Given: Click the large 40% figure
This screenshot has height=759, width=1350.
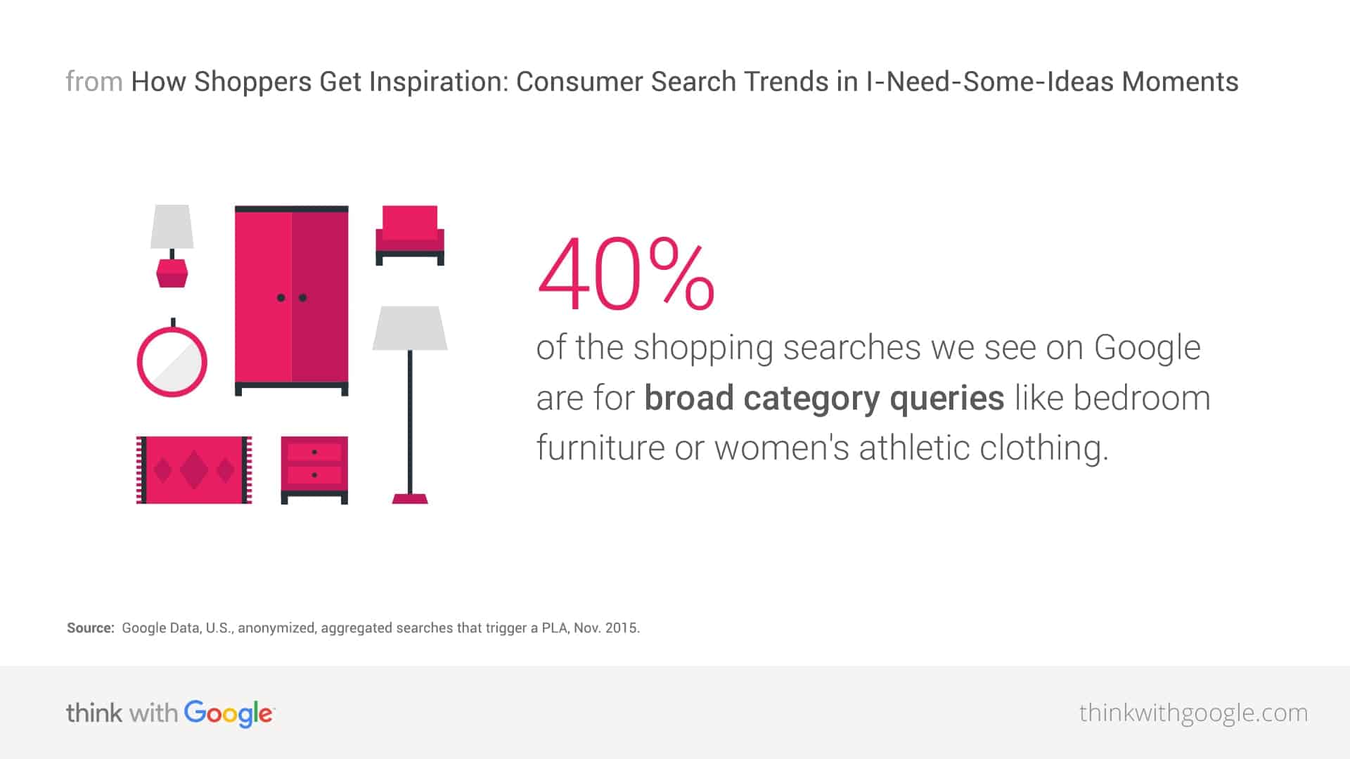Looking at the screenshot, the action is (626, 274).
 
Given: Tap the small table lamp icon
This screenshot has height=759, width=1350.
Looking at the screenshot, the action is (172, 246).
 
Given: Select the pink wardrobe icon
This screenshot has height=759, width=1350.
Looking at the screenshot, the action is (291, 301).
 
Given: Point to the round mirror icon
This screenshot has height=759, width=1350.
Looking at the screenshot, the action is (172, 358).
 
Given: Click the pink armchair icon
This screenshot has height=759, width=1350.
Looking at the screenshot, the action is (410, 235).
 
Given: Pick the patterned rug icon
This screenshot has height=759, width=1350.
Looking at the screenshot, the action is (194, 469).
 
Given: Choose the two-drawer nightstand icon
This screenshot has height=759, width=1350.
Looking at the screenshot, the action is (314, 469).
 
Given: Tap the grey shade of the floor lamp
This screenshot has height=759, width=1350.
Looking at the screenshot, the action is (410, 327).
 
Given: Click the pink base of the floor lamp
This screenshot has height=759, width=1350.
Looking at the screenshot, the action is (410, 499).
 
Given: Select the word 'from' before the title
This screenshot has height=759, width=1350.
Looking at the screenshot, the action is (94, 82).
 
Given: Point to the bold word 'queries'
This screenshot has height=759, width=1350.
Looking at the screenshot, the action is (946, 399).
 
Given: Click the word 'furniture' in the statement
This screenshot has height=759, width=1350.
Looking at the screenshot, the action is (600, 447).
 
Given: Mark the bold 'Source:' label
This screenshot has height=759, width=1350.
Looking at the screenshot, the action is (91, 628).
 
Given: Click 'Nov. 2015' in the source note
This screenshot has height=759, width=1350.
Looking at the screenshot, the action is (606, 628).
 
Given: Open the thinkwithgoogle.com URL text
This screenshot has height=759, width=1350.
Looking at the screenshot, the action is (1193, 713).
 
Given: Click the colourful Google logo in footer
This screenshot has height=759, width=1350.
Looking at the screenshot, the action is (229, 713).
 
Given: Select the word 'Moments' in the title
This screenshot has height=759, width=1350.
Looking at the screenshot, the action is (1180, 82).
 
